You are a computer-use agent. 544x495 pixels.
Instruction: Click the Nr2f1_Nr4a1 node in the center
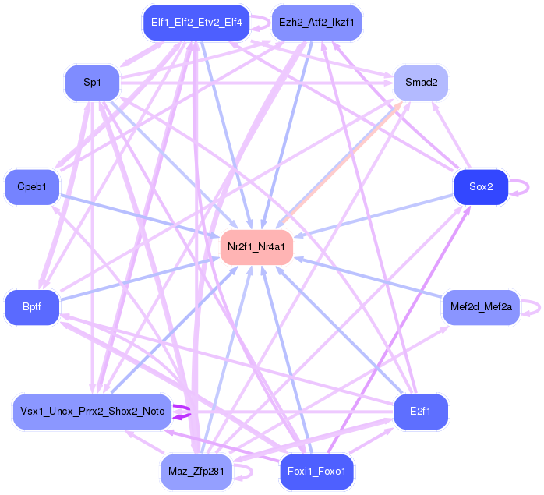(256, 247)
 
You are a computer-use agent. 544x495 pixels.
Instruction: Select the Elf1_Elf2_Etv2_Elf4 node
(196, 23)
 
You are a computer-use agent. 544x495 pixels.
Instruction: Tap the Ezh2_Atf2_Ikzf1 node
(316, 23)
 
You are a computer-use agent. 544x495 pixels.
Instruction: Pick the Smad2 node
(421, 82)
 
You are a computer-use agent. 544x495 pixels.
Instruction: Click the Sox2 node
(480, 187)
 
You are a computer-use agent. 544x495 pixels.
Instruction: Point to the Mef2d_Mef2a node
(480, 307)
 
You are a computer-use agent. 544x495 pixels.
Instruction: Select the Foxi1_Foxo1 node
(316, 470)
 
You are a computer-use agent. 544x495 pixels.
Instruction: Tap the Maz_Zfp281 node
(196, 471)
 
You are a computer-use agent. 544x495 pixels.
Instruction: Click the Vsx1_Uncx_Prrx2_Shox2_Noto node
(92, 411)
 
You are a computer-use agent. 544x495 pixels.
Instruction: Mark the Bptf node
(32, 307)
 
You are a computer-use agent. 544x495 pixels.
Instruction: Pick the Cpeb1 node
(32, 187)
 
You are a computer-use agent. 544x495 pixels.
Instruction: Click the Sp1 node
(92, 82)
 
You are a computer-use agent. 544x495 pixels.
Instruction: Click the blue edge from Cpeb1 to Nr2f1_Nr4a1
(140, 215)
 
